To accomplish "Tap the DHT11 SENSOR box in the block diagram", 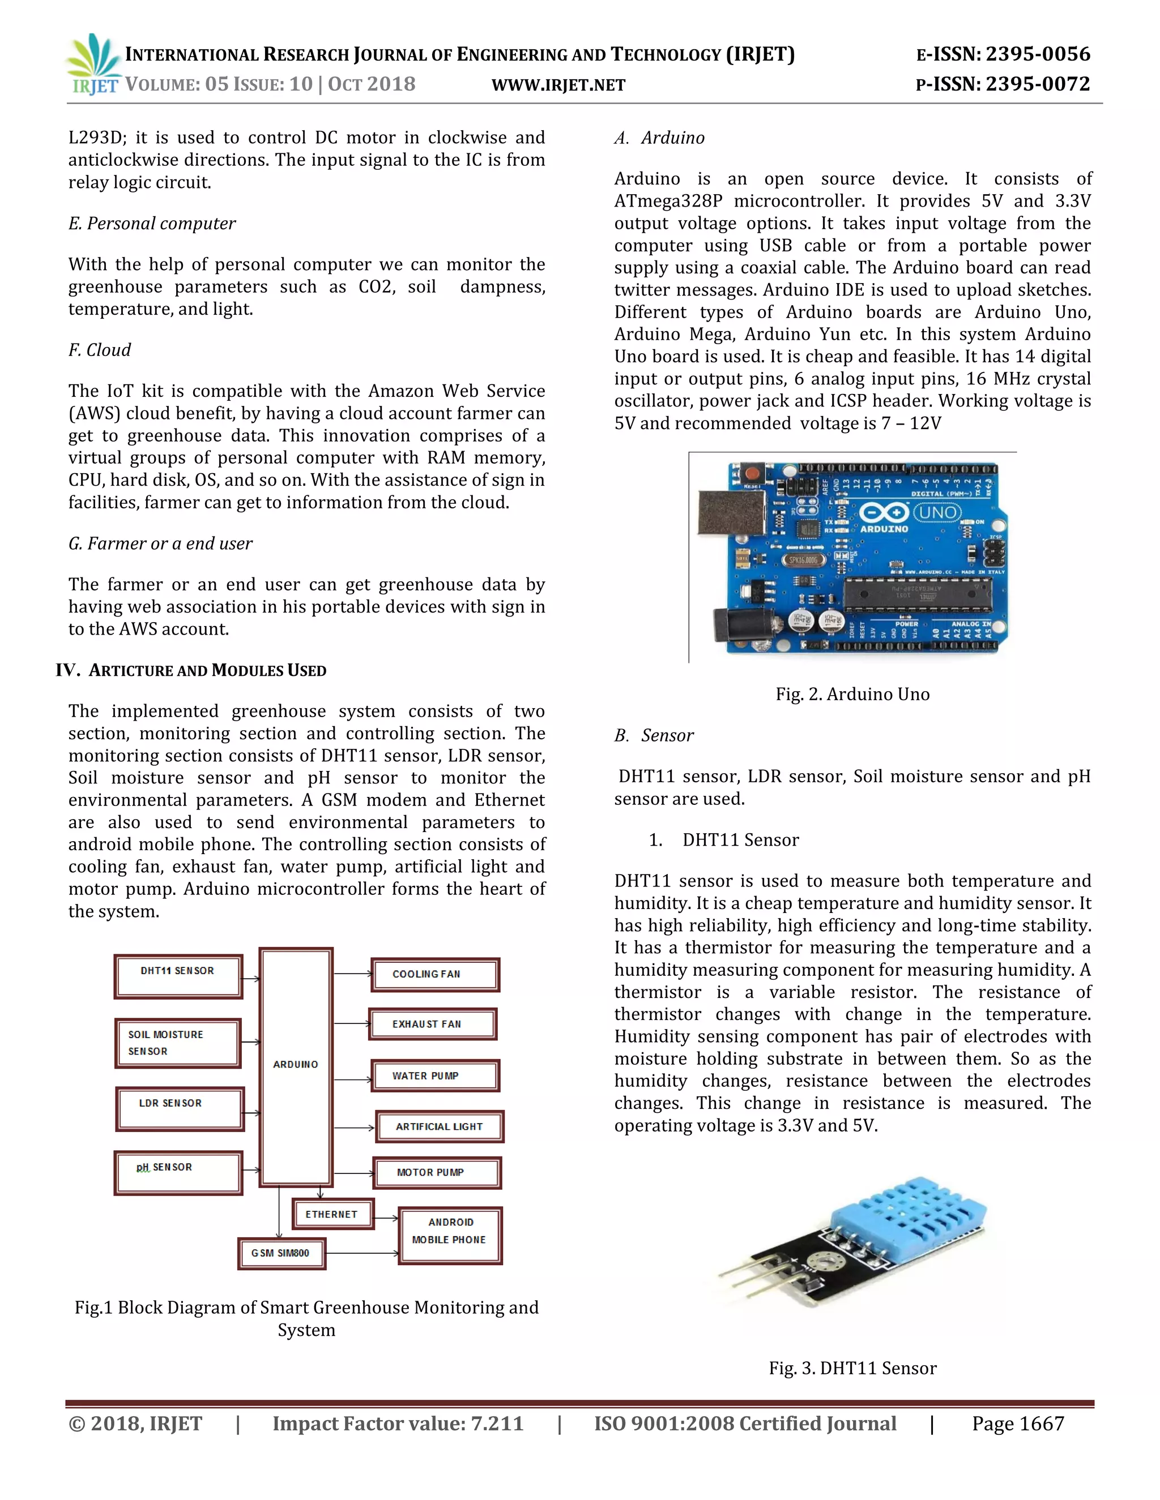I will (178, 976).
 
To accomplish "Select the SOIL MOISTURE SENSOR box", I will (177, 1043).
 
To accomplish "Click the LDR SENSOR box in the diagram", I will (180, 1108).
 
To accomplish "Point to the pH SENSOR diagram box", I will (178, 1172).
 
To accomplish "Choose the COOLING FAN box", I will (434, 975).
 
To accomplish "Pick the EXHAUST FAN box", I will (432, 1024).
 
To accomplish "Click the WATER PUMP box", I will (434, 1075).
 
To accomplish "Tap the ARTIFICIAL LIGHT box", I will (439, 1126).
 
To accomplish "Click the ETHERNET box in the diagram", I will (332, 1214).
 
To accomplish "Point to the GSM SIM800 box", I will (281, 1253).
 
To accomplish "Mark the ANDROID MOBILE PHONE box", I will (450, 1235).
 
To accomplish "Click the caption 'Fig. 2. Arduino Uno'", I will (852, 695).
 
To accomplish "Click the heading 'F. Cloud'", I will (100, 350).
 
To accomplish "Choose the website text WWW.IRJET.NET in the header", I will (558, 85).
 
